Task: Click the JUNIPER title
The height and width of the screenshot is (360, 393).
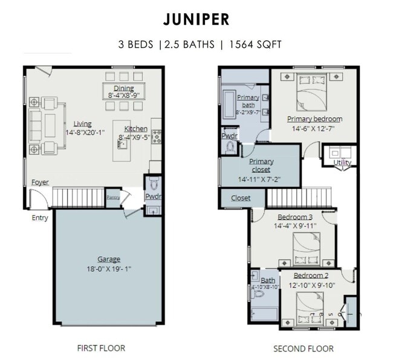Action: (196, 19)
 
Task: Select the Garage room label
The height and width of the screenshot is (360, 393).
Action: (109, 259)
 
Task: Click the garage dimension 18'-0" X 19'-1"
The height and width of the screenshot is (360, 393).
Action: (109, 268)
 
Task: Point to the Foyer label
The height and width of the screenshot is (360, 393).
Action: (40, 182)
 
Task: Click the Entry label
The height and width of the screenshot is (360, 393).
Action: (39, 218)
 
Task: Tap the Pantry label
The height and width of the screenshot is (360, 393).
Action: (113, 197)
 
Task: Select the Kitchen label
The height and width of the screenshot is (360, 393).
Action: (135, 129)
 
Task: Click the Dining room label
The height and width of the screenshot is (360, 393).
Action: (124, 88)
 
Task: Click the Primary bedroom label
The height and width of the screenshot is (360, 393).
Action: (314, 119)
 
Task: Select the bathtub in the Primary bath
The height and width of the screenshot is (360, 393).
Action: (230, 104)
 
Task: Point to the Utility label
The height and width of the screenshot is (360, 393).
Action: (342, 162)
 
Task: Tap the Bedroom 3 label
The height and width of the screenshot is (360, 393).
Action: (295, 217)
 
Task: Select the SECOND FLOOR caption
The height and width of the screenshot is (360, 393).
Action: (303, 349)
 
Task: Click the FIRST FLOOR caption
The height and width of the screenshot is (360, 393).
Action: (101, 348)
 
